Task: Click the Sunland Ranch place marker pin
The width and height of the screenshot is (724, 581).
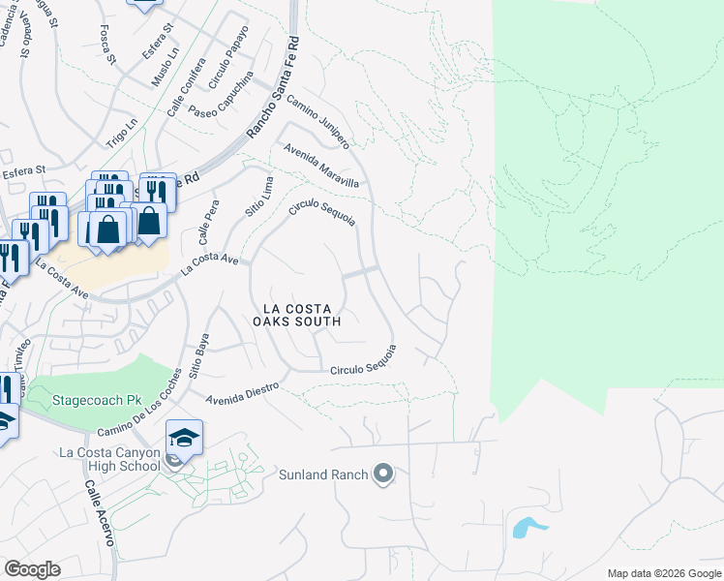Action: (383, 474)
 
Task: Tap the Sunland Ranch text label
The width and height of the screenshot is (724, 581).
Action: (323, 474)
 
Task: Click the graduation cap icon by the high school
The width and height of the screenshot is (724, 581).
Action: (184, 439)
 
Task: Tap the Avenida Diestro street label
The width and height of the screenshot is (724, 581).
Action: (243, 392)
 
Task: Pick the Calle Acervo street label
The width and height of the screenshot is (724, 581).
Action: (100, 513)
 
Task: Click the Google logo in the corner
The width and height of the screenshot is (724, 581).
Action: (31, 569)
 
